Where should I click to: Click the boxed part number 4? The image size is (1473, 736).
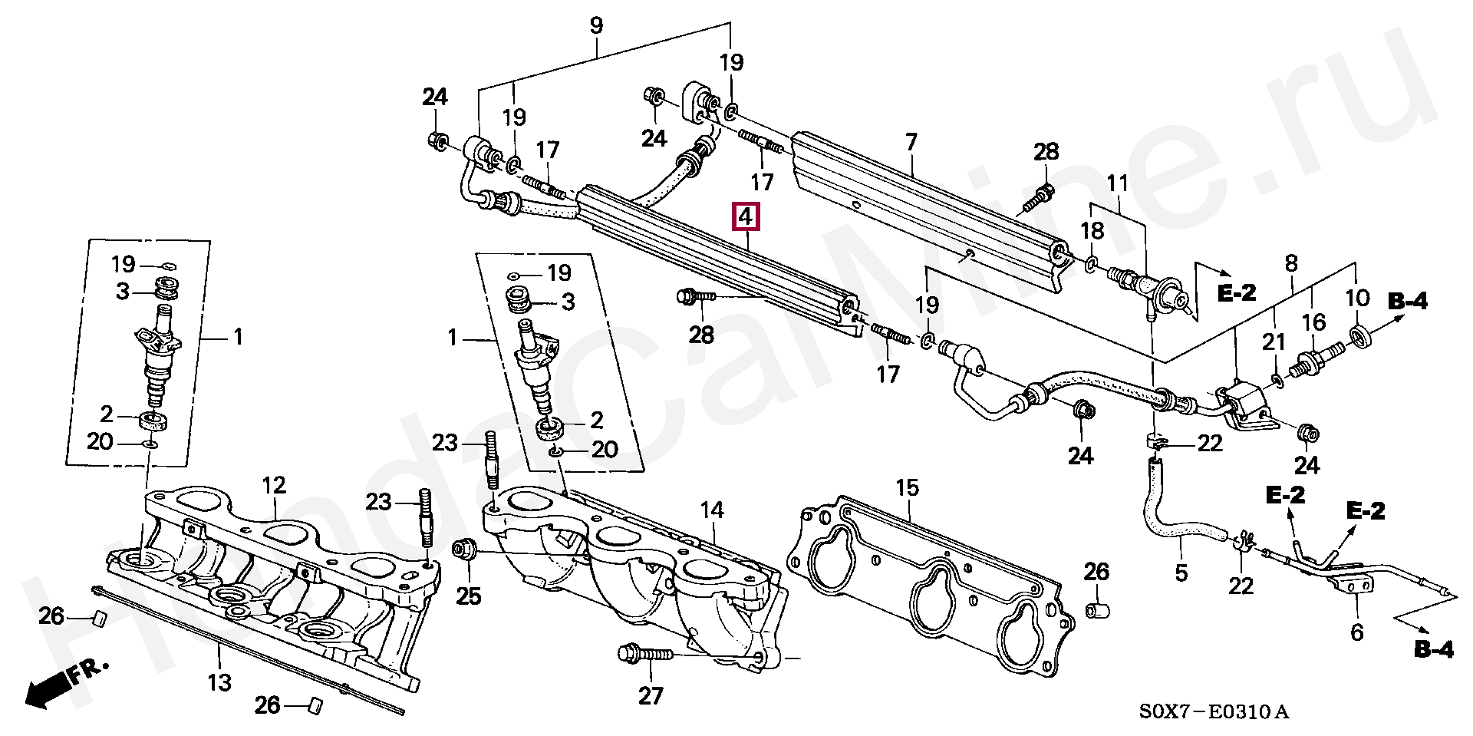coord(746,216)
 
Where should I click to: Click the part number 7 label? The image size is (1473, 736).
coord(911,142)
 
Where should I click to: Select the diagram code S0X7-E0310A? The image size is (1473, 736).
coord(1213,712)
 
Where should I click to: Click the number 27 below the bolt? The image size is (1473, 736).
coord(651,695)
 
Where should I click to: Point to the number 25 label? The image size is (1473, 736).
coord(468,596)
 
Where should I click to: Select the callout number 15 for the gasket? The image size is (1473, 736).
coord(907,487)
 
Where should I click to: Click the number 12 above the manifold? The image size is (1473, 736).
coord(274,485)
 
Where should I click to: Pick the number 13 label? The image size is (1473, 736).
coord(219,682)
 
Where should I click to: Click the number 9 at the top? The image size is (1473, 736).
coord(597,25)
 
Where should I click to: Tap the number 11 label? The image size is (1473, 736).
coord(1117,183)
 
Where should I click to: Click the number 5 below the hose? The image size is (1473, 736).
coord(1181,572)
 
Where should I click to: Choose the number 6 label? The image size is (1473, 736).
coord(1356,632)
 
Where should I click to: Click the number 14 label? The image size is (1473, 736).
coord(712,510)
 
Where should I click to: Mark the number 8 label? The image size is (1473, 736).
coord(1291,263)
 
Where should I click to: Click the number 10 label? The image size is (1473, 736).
coord(1357,298)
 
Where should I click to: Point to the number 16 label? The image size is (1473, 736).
coord(1313,322)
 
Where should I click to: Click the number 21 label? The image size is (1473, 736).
coord(1274,341)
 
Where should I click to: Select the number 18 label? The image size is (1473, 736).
coord(1092,230)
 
